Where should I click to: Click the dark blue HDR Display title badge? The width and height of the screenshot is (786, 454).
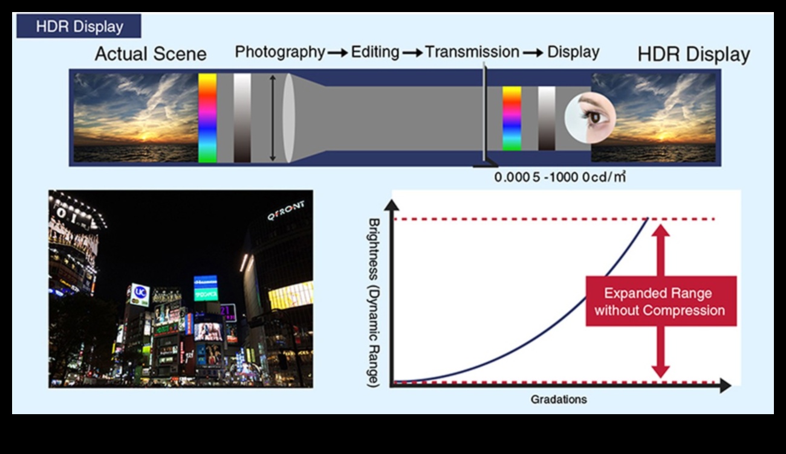point(79,26)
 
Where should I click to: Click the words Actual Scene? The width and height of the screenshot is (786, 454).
point(151,54)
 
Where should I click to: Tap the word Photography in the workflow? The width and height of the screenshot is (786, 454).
point(280,52)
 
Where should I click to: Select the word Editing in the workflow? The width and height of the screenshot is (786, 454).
point(375,52)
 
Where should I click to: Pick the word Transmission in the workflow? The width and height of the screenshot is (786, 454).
point(472,52)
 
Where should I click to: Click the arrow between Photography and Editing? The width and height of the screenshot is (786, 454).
point(338,53)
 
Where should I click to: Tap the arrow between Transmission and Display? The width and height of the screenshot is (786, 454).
point(533,53)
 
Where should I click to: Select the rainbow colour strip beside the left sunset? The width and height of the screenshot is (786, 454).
point(207,118)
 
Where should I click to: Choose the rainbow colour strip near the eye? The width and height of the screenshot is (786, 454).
point(512,119)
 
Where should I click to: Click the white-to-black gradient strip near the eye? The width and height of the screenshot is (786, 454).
point(547,119)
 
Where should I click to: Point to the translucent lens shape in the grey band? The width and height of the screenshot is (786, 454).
point(288,118)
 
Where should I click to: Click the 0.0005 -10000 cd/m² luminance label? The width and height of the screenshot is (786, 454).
point(560,177)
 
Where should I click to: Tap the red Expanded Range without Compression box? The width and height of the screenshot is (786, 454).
point(661,301)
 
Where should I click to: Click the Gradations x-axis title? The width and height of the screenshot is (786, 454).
point(559,399)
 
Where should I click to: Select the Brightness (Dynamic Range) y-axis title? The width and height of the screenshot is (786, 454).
point(374,302)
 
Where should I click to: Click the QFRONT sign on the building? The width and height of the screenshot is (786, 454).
point(285,210)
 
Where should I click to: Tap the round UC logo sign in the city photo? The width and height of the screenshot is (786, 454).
point(140,292)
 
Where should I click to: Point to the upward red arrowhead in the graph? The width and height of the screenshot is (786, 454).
point(661,231)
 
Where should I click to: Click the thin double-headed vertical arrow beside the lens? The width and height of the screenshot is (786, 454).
point(273,118)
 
